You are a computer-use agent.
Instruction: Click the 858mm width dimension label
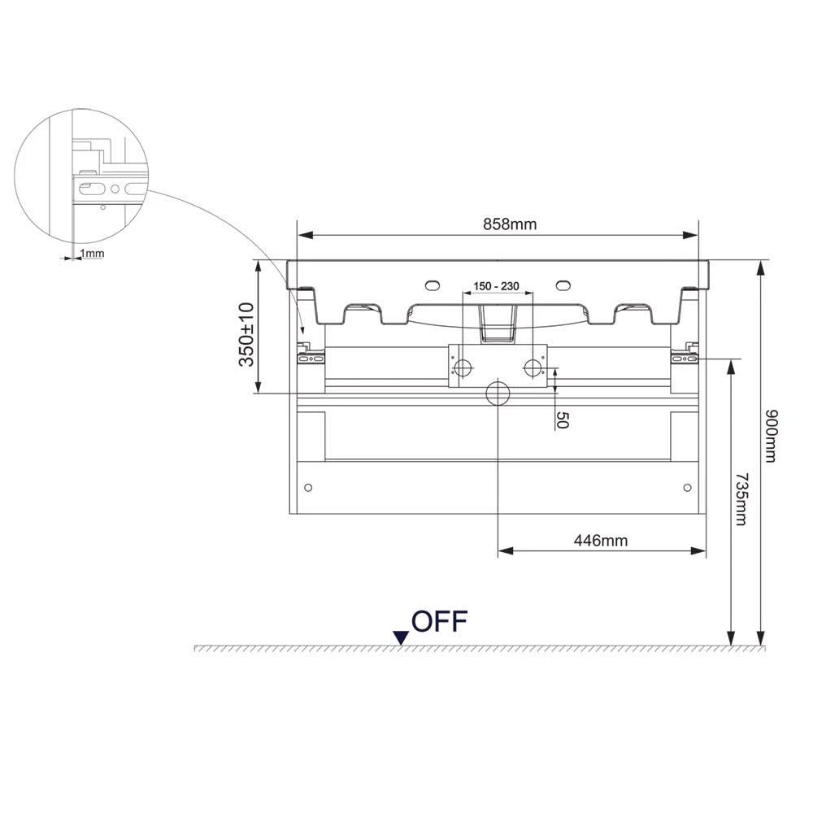[510, 224]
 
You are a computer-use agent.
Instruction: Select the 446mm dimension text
[601, 541]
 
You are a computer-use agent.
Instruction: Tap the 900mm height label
[772, 436]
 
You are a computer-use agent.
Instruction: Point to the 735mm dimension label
[742, 499]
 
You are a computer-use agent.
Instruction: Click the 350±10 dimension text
[246, 334]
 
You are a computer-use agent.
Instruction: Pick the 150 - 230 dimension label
[496, 286]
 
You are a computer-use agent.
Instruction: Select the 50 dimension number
[562, 420]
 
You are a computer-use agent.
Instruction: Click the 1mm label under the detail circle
[92, 253]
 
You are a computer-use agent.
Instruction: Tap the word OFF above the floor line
[440, 621]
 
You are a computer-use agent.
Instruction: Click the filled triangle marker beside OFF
[401, 637]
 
